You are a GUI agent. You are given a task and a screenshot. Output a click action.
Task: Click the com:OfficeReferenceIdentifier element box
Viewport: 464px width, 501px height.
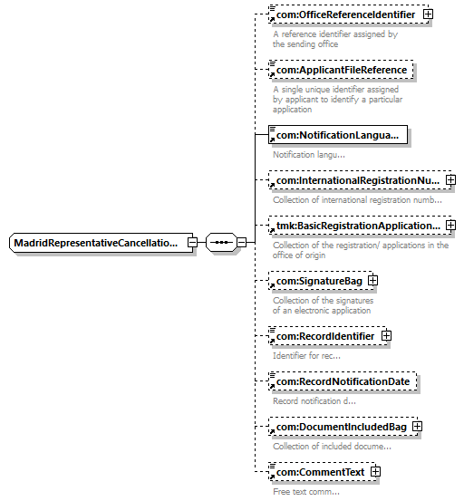[x=348, y=14]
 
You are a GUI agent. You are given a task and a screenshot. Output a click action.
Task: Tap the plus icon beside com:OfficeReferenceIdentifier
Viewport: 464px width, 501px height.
[x=428, y=14]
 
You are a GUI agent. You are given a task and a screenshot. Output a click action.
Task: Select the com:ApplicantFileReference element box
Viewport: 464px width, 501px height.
[x=341, y=70]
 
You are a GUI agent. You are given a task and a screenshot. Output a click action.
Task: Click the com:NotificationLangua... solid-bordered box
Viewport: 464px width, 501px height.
[x=338, y=135]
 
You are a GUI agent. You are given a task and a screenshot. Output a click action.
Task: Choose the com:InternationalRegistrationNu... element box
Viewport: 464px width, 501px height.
[x=360, y=180]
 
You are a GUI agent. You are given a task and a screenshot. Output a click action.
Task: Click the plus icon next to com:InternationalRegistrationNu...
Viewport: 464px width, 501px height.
[x=451, y=180]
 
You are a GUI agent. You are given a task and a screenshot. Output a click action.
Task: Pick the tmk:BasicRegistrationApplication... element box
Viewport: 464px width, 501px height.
[x=360, y=226]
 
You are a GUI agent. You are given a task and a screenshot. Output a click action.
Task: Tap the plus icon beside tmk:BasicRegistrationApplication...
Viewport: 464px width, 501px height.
[x=451, y=226]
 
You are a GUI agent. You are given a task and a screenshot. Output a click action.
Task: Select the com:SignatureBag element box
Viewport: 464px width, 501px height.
[x=321, y=281]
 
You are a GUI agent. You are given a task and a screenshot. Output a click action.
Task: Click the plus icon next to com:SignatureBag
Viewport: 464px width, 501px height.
[x=373, y=281]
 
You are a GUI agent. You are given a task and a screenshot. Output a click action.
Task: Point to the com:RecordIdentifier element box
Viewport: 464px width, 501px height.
[x=327, y=336]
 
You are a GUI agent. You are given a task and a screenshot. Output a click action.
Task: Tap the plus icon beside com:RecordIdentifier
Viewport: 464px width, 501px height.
[x=386, y=336]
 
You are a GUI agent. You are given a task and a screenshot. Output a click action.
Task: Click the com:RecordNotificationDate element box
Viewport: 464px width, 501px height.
[x=343, y=381]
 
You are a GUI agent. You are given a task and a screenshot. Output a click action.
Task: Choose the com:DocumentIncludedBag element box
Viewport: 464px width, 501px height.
[x=343, y=427]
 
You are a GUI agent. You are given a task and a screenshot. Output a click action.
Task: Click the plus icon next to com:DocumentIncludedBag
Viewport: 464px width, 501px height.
[x=417, y=427]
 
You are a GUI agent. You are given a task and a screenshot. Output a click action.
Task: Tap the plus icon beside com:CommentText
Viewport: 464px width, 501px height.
[x=375, y=472]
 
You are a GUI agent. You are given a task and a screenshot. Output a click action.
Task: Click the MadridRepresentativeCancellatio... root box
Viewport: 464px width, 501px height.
[x=101, y=243]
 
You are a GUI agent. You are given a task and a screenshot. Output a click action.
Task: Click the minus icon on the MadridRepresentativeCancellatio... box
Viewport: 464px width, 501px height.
[x=192, y=243]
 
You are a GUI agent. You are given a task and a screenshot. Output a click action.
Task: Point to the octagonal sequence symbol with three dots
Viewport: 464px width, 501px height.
[x=221, y=243]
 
